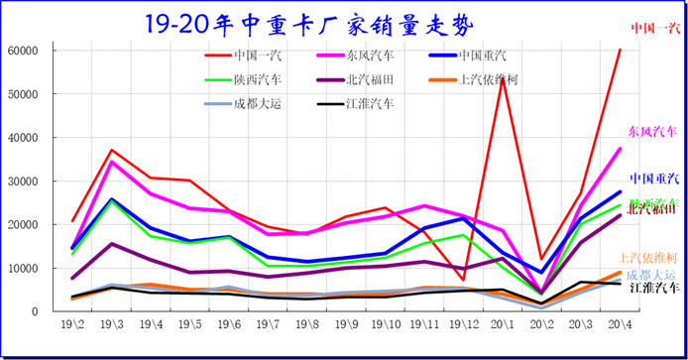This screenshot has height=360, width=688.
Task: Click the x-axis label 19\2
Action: (x=72, y=325)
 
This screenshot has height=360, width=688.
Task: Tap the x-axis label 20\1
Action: (x=503, y=325)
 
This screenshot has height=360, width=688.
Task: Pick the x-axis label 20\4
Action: (x=620, y=325)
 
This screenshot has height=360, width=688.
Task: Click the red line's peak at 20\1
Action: (x=503, y=77)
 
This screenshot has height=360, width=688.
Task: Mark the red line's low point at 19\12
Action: (x=463, y=279)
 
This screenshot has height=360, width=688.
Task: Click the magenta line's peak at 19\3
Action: (x=112, y=162)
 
